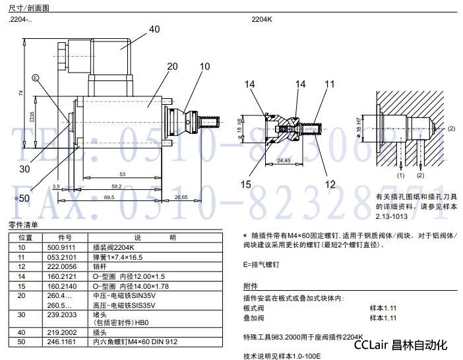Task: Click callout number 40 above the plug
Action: pos(154,29)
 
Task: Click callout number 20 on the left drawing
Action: pos(172,67)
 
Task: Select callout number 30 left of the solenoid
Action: pos(24,169)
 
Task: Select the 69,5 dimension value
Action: pos(109,198)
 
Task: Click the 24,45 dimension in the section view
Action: pos(284,160)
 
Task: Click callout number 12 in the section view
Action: pos(330,184)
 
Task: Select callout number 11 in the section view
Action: pos(330,84)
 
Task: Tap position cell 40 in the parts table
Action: pos(22,333)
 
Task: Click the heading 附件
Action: pos(250,287)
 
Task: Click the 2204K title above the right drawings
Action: pos(261,20)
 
